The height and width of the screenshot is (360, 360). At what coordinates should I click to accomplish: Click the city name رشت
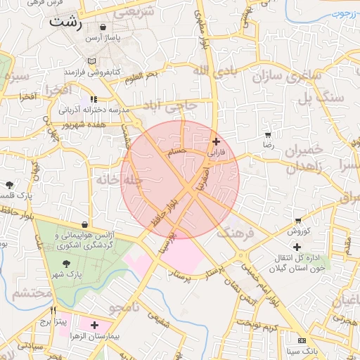[66, 22]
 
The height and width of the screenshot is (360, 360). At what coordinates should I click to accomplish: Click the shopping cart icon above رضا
[267, 134]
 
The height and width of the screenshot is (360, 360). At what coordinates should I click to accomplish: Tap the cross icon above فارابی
[215, 141]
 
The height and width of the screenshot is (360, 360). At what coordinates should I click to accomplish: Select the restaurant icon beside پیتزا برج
[53, 309]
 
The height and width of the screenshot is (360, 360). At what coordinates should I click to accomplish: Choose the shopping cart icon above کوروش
[299, 220]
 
